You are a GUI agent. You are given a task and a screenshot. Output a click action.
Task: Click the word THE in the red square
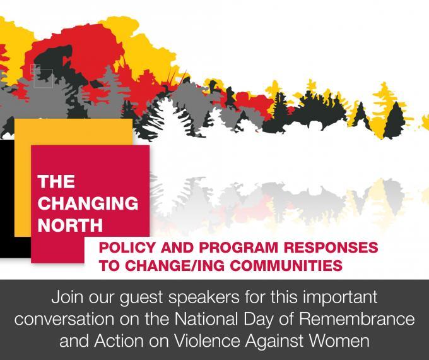tap(56, 181)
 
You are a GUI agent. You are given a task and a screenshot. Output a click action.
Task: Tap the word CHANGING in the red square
tap(88, 203)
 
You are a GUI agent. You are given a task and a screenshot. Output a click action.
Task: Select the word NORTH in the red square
tap(70, 225)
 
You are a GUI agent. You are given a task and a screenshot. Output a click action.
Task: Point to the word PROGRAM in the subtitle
tap(238, 248)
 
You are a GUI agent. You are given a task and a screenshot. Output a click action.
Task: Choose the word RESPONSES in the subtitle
tap(331, 248)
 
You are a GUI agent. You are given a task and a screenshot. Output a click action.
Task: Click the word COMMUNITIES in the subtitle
tap(286, 265)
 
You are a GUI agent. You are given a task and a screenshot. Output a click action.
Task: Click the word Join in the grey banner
tap(67, 297)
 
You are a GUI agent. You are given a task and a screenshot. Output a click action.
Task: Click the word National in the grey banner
tap(206, 319)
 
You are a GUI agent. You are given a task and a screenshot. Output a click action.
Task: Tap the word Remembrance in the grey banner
tap(357, 319)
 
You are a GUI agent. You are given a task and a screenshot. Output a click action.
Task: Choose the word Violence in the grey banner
tap(207, 341)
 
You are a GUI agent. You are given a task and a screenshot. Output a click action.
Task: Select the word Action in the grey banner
tap(119, 341)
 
